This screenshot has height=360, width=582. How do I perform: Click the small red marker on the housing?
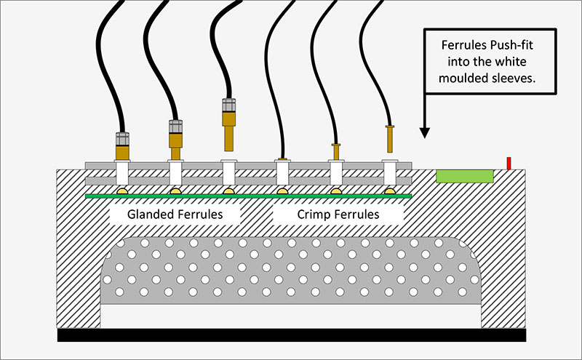coord(509,164)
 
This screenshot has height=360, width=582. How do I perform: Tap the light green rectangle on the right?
coord(465,176)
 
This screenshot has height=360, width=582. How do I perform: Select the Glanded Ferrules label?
coord(175,215)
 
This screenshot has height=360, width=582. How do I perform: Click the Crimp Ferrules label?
coord(338,215)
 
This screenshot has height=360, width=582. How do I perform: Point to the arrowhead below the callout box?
coord(425,133)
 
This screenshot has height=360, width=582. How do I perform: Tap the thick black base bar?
coord(292,335)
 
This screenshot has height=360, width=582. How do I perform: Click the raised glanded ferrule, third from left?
coord(228,124)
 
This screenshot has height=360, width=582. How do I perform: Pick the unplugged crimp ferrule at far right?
coord(390,139)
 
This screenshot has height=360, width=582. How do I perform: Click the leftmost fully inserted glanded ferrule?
coord(122,146)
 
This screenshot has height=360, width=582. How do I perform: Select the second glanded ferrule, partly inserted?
coord(175,140)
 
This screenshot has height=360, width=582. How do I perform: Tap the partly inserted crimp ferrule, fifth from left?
coord(336,152)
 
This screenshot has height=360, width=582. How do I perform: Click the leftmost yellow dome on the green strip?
coord(122,191)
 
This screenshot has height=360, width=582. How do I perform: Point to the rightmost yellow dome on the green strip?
coord(390,191)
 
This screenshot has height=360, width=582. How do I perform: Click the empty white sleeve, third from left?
coord(228,172)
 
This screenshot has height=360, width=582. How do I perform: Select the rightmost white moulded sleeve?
coord(390,172)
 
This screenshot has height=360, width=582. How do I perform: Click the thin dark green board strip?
coord(248,196)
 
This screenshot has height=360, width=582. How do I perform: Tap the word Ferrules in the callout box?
coord(463,45)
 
